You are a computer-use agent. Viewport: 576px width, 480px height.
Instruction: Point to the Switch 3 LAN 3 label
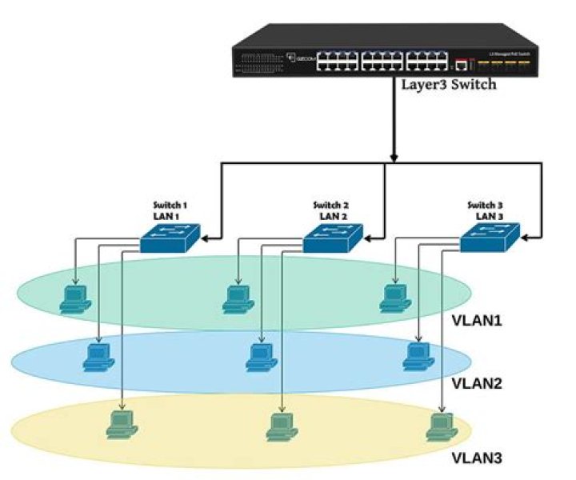[486, 210]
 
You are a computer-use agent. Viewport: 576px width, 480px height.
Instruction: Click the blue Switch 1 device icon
[170, 239]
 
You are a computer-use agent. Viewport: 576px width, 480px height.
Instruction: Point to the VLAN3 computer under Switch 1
[122, 424]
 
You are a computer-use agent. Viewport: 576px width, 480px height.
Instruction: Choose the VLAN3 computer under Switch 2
[282, 425]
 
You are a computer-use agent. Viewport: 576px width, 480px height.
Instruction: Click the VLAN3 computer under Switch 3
[439, 425]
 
